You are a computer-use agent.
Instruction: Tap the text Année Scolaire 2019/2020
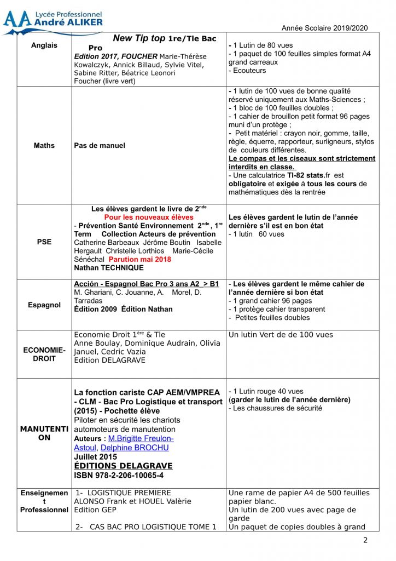[324, 28]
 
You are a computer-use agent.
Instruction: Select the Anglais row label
[44, 45]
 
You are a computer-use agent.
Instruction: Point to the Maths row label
[44, 146]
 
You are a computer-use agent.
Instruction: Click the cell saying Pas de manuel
[100, 146]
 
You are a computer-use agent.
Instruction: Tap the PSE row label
[44, 242]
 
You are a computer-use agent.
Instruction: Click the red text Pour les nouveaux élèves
[149, 217]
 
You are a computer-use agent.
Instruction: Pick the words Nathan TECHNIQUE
[109, 268]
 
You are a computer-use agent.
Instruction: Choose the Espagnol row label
[44, 305]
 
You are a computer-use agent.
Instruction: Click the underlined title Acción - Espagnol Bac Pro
[146, 284]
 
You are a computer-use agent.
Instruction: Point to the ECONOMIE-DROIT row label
[44, 354]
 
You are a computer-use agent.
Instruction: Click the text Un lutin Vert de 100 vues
[281, 335]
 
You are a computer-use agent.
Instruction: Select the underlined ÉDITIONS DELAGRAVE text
[123, 466]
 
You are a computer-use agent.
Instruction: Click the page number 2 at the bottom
[365, 541]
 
